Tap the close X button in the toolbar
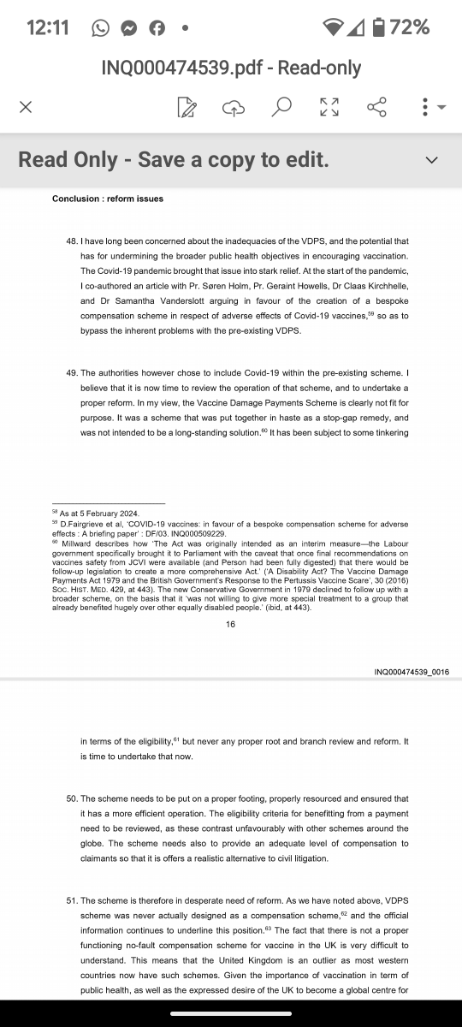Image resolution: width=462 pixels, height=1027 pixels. coord(26,107)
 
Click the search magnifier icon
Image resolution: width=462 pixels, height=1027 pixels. coord(281,107)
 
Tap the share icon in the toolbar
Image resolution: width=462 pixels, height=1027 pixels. coord(376,107)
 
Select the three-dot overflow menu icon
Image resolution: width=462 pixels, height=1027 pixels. coord(425,107)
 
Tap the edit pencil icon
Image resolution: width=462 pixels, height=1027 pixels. coord(186,107)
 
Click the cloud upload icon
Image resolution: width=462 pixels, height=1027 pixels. coord(233,107)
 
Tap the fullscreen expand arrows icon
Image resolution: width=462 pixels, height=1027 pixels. coord(329,107)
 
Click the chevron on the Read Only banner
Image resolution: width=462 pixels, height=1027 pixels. coord(431,160)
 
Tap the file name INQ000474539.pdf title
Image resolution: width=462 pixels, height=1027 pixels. coord(231,68)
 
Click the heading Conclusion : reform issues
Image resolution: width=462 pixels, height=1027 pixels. coord(107,199)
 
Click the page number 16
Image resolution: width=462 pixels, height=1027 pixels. coord(231,625)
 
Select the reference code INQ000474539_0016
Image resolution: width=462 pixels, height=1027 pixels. coord(412,672)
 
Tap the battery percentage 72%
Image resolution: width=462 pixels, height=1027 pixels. coord(409,27)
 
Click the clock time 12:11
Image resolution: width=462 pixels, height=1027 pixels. coord(48,27)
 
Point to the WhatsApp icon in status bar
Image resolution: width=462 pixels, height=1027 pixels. coord(100,28)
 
